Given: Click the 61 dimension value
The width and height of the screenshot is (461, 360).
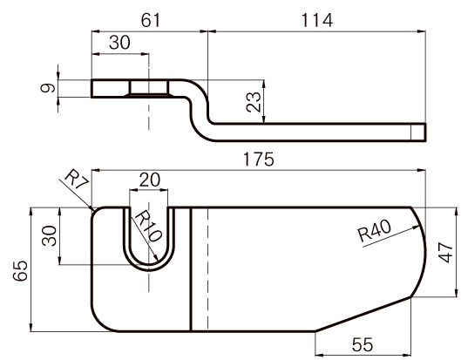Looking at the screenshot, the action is pyautogui.click(x=151, y=21).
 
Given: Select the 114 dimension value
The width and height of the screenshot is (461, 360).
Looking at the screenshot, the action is pyautogui.click(x=317, y=21).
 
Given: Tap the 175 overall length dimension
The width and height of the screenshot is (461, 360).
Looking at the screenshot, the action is pyautogui.click(x=259, y=160).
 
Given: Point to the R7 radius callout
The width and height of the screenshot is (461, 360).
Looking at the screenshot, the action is pyautogui.click(x=77, y=180).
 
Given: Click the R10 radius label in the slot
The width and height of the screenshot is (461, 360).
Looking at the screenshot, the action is pyautogui.click(x=148, y=226).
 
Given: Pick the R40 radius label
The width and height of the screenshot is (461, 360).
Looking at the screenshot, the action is pyautogui.click(x=375, y=230).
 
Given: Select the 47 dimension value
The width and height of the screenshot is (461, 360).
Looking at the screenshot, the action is pyautogui.click(x=445, y=253).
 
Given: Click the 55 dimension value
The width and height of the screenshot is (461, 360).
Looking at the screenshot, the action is pyautogui.click(x=363, y=344).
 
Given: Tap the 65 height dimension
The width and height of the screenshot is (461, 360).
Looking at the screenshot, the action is pyautogui.click(x=21, y=270).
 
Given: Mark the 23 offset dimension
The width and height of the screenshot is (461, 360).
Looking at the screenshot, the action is pyautogui.click(x=254, y=102).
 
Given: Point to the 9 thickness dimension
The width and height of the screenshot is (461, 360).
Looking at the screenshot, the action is pyautogui.click(x=48, y=88).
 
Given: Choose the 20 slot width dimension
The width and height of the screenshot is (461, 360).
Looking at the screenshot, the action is pyautogui.click(x=150, y=180).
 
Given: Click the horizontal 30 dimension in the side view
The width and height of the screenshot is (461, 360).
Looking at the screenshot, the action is pyautogui.click(x=119, y=43).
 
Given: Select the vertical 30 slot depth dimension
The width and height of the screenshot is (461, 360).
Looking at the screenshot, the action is pyautogui.click(x=49, y=235).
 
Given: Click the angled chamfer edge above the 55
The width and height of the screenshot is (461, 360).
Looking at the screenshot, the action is pyautogui.click(x=363, y=314).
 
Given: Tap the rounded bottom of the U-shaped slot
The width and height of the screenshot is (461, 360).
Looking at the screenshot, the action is pyautogui.click(x=149, y=267).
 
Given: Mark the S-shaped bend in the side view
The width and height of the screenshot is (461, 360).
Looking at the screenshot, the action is pyautogui.click(x=200, y=111).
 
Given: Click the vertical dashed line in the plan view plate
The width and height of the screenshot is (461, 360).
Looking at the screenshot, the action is pyautogui.click(x=208, y=269).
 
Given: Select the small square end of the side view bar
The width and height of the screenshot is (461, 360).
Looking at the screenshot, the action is pyautogui.click(x=418, y=132).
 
